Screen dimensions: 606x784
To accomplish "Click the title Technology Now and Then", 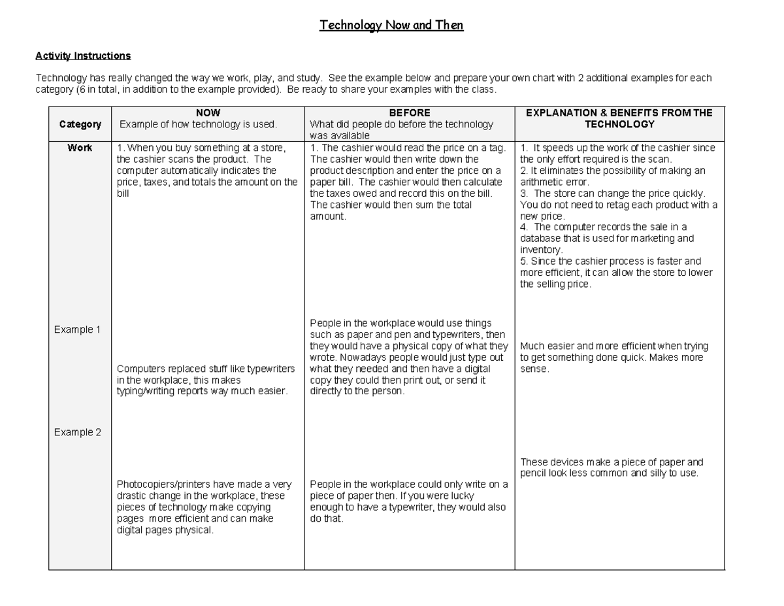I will [391, 25].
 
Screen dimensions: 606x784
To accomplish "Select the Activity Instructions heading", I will [83, 56].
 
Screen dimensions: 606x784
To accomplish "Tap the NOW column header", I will [208, 113].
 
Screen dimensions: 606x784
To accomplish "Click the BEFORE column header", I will [410, 113].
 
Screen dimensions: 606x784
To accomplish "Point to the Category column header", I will [80, 124].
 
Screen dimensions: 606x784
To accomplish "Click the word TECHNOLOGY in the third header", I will [619, 124].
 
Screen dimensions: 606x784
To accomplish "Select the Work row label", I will [80, 148].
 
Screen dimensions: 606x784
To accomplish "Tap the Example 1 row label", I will [77, 329].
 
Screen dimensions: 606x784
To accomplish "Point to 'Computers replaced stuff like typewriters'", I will [206, 369].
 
